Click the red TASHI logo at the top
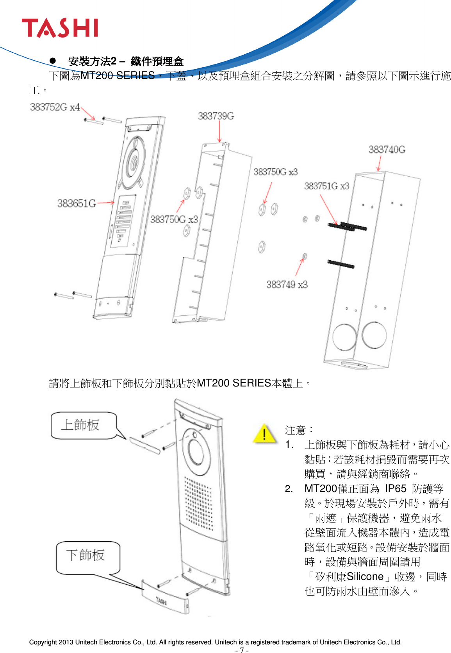coord(60,28)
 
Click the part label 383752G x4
coord(55,107)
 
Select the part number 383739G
coord(216,116)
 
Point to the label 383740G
coord(387,150)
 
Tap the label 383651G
coord(77,204)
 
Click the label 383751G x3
coord(326,186)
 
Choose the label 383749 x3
coord(287,284)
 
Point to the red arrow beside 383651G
coord(106,203)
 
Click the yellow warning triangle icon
coord(264,434)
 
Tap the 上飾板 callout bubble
coord(83,426)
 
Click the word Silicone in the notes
coord(365,577)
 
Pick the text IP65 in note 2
coord(396,489)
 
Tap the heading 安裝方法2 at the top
coord(92,61)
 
